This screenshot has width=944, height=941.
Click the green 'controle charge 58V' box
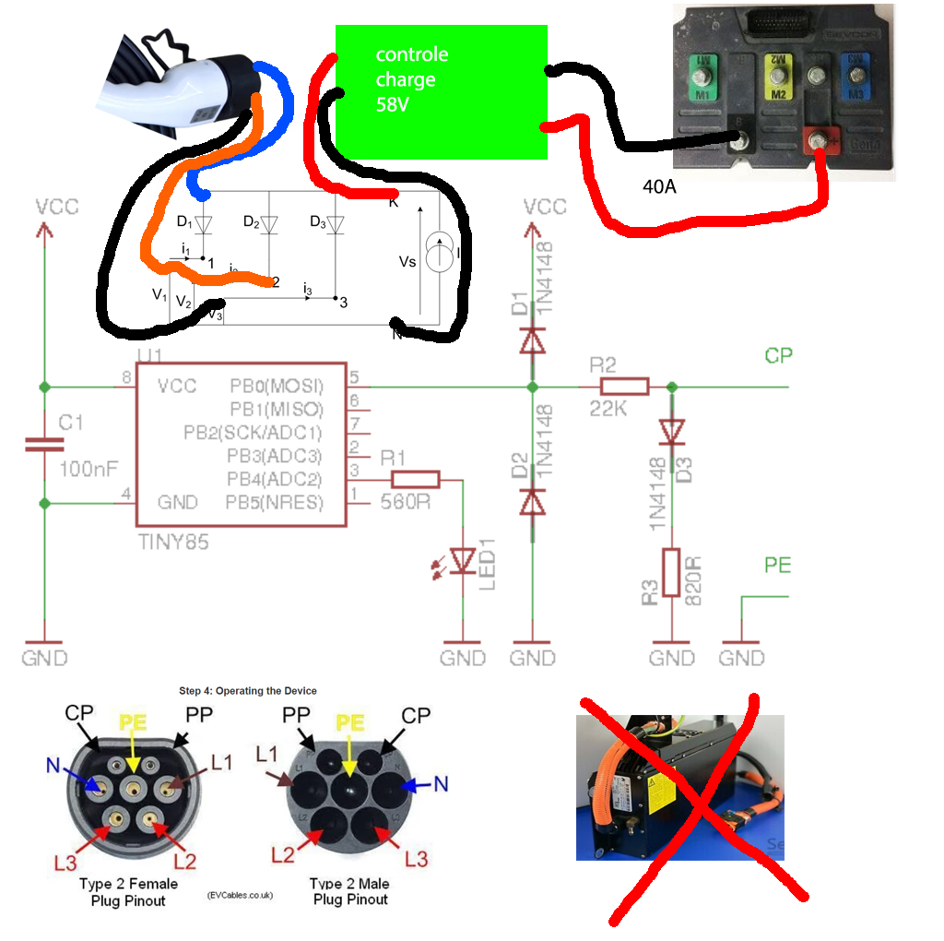click(x=441, y=91)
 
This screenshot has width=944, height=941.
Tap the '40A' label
click(x=659, y=187)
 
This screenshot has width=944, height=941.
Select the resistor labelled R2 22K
click(x=624, y=387)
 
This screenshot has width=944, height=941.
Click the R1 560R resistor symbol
click(x=416, y=480)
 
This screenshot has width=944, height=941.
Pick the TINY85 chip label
click(x=172, y=542)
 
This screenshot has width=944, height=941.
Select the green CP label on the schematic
click(x=778, y=356)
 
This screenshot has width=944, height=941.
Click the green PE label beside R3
click(x=777, y=565)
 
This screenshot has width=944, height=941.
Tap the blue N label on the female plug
click(x=53, y=764)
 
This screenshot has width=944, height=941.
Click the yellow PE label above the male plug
click(x=348, y=721)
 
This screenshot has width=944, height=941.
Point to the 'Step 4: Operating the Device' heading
click(x=248, y=690)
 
